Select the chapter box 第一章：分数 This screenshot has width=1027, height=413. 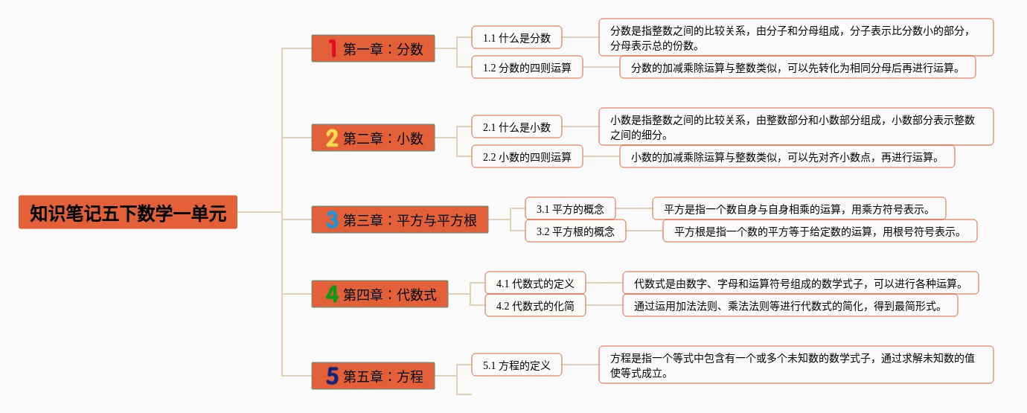pos(373,48)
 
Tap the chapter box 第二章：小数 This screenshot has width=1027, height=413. pos(373,138)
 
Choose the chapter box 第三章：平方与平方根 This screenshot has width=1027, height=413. pos(400,220)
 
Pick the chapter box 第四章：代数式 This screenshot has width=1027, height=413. pos(380,294)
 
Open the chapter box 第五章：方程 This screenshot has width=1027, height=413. pos(373,376)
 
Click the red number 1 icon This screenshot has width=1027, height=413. pos(332,48)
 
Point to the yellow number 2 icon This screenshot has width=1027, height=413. pos(332,138)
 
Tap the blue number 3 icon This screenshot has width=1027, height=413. pos(332,220)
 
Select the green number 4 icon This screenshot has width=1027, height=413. pos(332,294)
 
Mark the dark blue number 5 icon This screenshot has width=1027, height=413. pos(332,376)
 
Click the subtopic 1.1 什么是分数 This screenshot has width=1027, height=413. pos(516,37)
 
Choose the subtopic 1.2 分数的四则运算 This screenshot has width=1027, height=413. pos(527,67)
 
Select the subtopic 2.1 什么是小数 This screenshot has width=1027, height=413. pos(516,127)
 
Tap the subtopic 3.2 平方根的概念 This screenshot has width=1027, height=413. pos(575,231)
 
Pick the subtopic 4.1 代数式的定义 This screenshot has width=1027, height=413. pos(535,283)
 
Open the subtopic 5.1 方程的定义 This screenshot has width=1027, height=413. pos(516,365)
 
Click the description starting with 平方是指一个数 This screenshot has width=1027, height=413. pos(799,208)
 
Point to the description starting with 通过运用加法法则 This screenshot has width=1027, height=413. pos(790,305)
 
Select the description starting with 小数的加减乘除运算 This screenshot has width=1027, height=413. pos(787,156)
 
